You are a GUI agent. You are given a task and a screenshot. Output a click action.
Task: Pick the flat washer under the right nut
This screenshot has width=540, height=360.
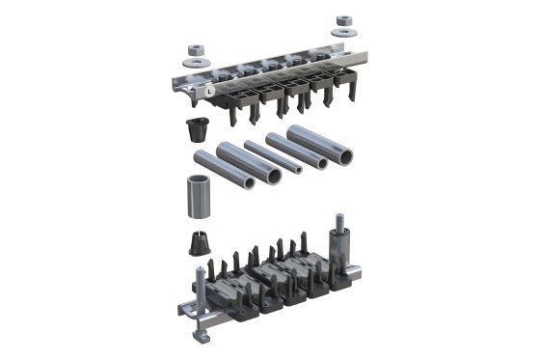pyautogui.click(x=342, y=33)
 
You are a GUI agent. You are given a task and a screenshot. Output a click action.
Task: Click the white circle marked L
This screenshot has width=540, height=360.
pyautogui.click(x=210, y=89)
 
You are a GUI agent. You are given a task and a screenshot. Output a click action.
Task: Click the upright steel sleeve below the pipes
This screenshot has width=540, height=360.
pyautogui.click(x=197, y=199)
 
